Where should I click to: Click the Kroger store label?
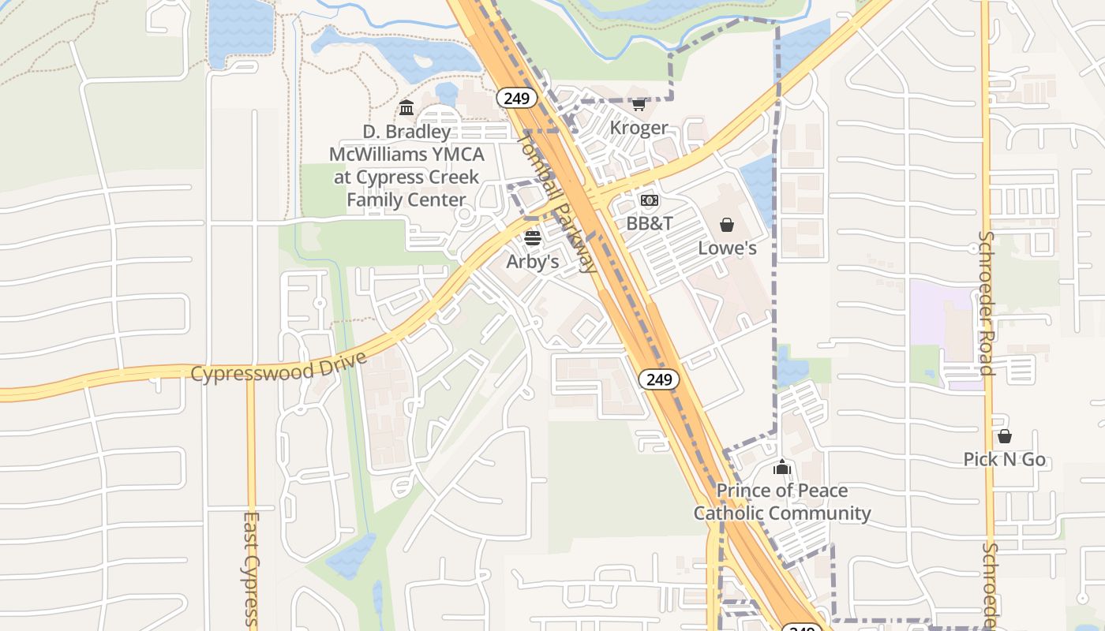click(x=639, y=128)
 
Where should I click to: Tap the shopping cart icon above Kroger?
click(x=639, y=104)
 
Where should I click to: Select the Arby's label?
click(x=533, y=261)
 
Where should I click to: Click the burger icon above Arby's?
click(x=533, y=238)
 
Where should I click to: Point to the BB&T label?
click(x=650, y=223)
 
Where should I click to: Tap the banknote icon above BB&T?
click(x=650, y=200)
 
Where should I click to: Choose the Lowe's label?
click(x=727, y=248)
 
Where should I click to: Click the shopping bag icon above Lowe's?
click(x=727, y=225)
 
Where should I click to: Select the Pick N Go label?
click(x=1004, y=459)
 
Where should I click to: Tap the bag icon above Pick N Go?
click(x=1005, y=436)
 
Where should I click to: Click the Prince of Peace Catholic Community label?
click(x=782, y=502)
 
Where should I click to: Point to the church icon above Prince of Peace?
click(x=782, y=468)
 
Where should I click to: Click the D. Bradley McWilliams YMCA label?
click(x=406, y=166)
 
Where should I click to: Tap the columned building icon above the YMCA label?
click(x=406, y=107)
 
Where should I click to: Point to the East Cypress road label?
click(x=251, y=568)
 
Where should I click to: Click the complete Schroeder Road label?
click(x=986, y=302)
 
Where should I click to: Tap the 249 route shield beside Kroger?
click(x=517, y=98)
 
